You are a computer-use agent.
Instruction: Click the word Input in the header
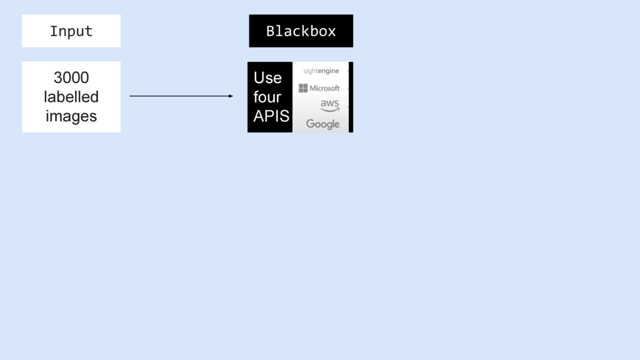[x=71, y=31]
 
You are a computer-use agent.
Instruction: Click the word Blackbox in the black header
[x=301, y=31]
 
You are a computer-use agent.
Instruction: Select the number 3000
[x=71, y=77]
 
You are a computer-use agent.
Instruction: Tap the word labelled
[x=71, y=97]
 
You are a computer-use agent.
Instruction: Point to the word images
[x=71, y=116]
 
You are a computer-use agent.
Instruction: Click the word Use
[x=267, y=77]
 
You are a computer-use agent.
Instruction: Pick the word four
[x=267, y=97]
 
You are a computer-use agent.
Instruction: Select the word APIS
[x=271, y=116]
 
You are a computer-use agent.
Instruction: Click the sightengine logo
[x=321, y=71]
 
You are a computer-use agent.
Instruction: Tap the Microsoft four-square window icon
[x=303, y=88]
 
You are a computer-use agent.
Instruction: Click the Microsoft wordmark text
[x=324, y=88]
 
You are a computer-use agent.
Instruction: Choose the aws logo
[x=330, y=106]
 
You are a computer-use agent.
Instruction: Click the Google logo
[x=323, y=124]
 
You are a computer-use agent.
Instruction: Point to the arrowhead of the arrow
[x=231, y=96]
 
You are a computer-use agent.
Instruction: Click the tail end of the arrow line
[x=130, y=96]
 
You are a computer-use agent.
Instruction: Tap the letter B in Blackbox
[x=271, y=31]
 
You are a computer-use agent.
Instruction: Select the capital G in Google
[x=311, y=124]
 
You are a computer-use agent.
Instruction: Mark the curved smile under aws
[x=330, y=110]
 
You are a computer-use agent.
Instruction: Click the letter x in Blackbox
[x=332, y=32]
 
